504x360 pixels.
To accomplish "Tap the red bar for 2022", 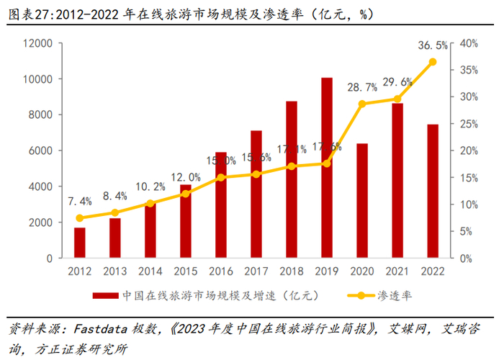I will coord(432,191).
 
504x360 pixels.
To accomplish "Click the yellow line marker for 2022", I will coord(432,62).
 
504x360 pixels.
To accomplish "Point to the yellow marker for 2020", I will coord(361,104).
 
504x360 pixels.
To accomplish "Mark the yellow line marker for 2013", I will coord(115,212).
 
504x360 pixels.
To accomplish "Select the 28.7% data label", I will coord(362,87).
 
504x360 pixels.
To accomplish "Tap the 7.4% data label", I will coord(81,201).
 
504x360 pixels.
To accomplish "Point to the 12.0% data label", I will coord(186,177).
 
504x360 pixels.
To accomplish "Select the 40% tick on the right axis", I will coord(469,43).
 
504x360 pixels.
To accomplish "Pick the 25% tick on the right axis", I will coord(469,124).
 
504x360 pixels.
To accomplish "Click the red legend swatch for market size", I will coord(105,295).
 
